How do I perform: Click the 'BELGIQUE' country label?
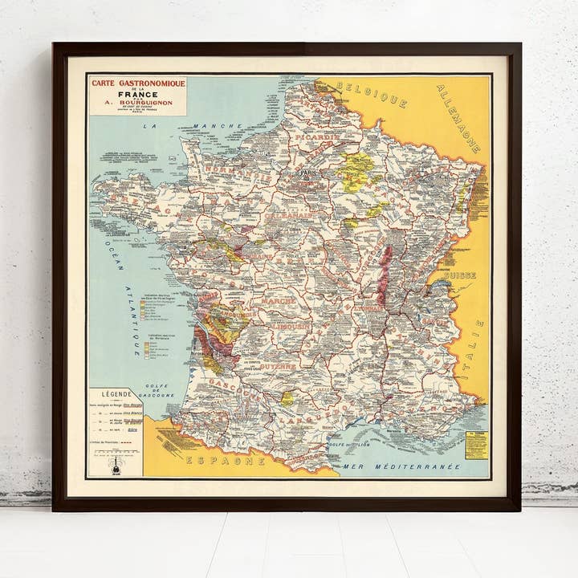372,93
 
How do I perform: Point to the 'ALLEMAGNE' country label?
459,117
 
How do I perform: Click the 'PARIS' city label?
306,173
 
